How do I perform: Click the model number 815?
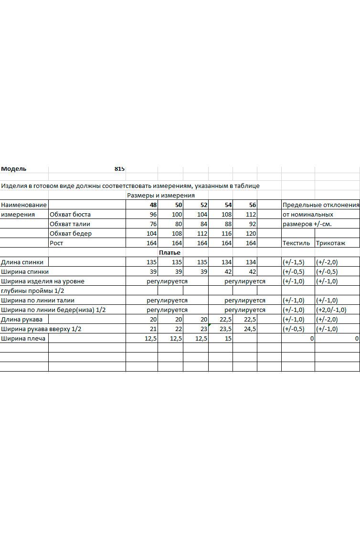(119, 169)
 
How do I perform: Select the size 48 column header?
(153, 205)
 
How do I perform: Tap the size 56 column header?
(253, 205)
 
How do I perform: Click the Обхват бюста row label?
(70, 215)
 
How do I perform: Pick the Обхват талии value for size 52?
(202, 224)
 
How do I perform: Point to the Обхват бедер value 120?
(251, 234)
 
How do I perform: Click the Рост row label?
(56, 243)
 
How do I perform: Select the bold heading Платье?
(169, 252)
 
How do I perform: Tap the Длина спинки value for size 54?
(226, 262)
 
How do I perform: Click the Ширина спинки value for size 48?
(153, 272)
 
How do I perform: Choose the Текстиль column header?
(296, 243)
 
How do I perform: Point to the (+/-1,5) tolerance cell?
(293, 262)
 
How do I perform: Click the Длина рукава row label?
(21, 320)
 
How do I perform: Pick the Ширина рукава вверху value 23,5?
(225, 329)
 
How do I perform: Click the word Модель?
(14, 169)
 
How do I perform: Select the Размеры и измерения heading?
(161, 196)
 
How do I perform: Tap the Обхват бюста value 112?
(251, 215)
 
